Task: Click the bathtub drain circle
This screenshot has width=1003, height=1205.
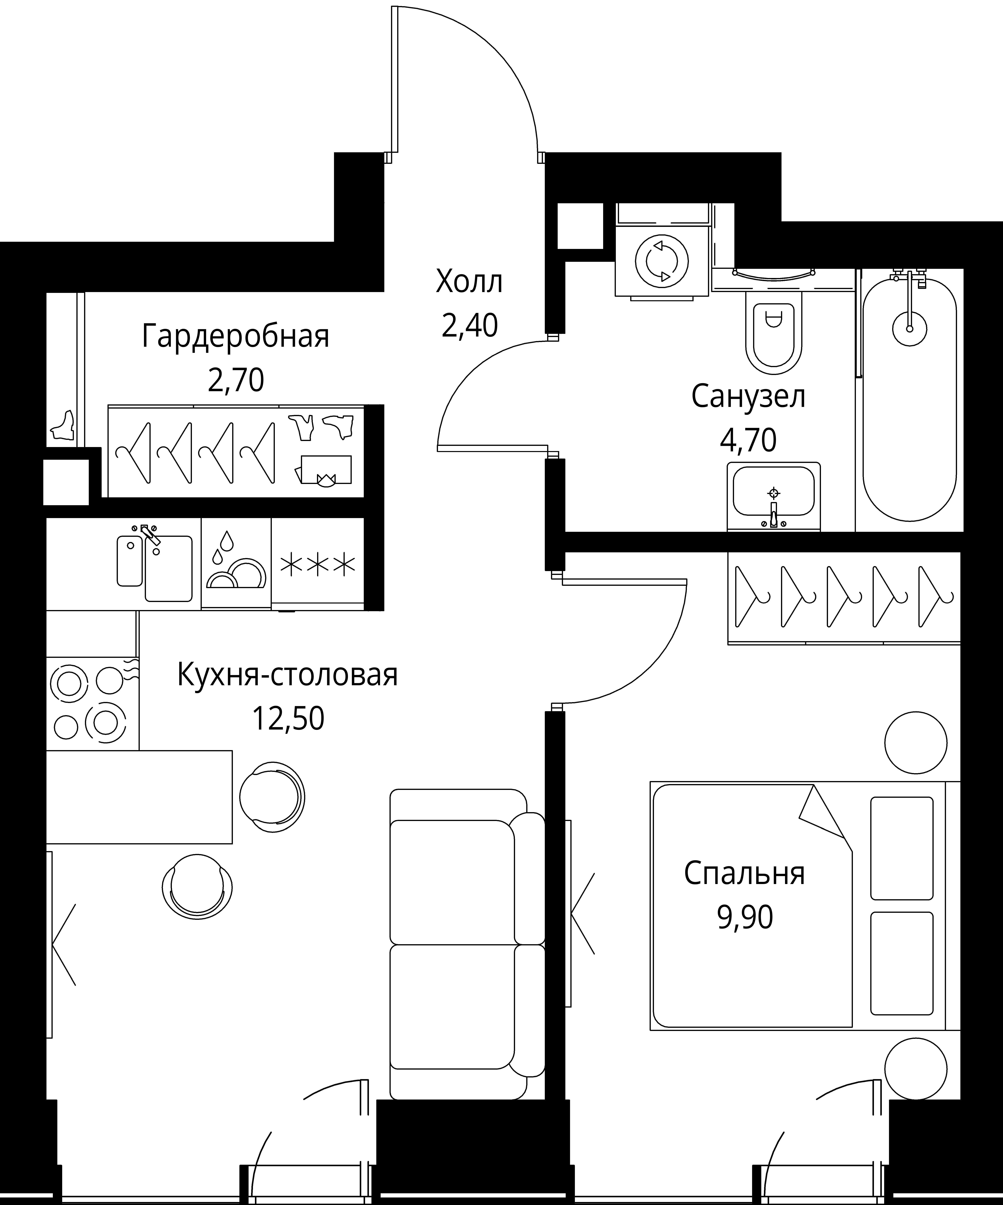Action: [x=910, y=329]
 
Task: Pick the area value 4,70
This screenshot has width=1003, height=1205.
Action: [x=748, y=441]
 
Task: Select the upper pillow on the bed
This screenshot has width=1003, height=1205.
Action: [x=901, y=848]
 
